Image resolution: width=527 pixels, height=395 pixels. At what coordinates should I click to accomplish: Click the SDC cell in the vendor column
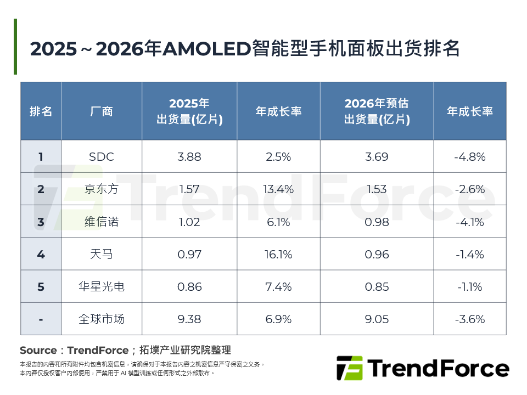[x=102, y=157]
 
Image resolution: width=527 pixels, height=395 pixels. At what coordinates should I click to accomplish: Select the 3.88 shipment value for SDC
[x=189, y=157]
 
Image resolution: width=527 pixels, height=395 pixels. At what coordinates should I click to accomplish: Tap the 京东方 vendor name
[x=102, y=189]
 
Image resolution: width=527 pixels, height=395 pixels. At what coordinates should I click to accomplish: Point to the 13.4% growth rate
[x=278, y=189]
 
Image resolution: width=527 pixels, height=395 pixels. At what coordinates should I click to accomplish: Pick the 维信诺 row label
[x=102, y=222]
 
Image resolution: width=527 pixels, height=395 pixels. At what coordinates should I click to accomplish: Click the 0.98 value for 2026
[x=377, y=222]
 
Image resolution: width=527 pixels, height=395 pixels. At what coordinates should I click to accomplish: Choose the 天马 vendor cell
[x=102, y=254]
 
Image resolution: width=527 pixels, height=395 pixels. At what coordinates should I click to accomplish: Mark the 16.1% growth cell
[x=278, y=254]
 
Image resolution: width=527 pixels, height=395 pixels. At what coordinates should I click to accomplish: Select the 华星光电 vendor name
[x=102, y=286]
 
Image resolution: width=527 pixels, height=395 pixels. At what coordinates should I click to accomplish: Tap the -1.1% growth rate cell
[x=470, y=286]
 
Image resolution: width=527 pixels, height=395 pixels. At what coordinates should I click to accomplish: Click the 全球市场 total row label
[x=102, y=319]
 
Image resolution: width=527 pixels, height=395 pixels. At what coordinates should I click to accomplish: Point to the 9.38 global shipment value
[x=189, y=319]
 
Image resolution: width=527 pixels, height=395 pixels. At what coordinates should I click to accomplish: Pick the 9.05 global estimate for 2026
[x=377, y=319]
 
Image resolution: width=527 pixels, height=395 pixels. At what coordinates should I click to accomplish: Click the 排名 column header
[x=41, y=111]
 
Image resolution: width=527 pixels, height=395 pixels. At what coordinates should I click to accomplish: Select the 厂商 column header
[x=102, y=111]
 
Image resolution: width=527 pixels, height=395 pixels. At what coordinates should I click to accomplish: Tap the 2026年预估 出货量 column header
[x=377, y=111]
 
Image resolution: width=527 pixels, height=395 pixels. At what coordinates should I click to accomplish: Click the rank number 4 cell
[x=41, y=254]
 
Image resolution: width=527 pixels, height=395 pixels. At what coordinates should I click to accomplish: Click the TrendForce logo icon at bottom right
[x=349, y=368]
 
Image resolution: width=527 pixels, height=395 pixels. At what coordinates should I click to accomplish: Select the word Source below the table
[x=38, y=350]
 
